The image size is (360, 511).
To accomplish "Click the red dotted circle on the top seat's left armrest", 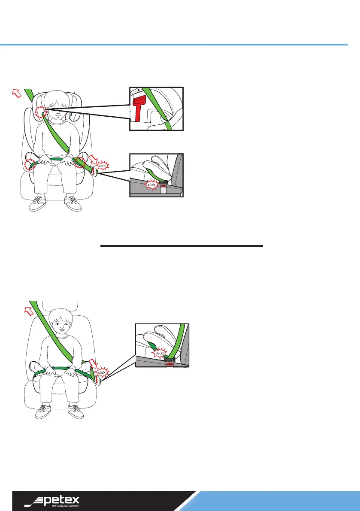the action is pos(30,165).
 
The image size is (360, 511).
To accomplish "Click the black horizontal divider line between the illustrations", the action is pos(181,246).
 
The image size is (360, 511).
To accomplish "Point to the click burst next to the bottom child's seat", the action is pos(103,373).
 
